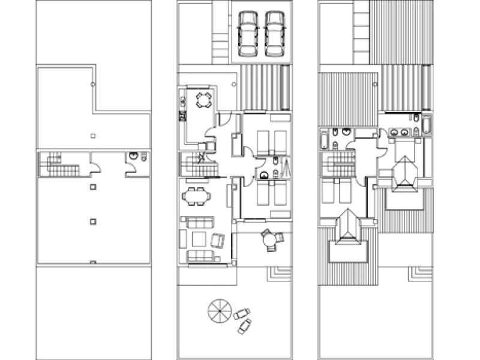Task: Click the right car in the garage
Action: [273, 34]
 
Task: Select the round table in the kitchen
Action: [204, 100]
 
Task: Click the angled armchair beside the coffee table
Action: [218, 240]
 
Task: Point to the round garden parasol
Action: [219, 311]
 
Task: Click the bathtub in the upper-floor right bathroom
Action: [427, 125]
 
